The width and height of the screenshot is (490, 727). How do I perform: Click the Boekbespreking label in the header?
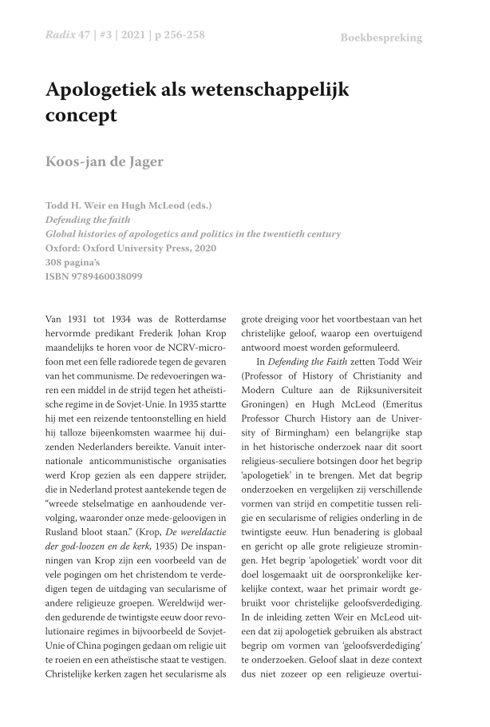click(x=381, y=38)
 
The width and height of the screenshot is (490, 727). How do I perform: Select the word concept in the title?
click(x=81, y=115)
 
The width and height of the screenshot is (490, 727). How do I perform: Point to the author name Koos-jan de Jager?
click(x=105, y=161)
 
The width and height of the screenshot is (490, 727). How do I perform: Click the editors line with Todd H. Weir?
click(x=128, y=205)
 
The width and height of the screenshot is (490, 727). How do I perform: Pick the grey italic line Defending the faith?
click(x=88, y=220)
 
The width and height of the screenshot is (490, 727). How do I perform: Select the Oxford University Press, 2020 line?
click(x=130, y=248)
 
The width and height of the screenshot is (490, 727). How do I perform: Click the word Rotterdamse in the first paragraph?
click(x=196, y=320)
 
